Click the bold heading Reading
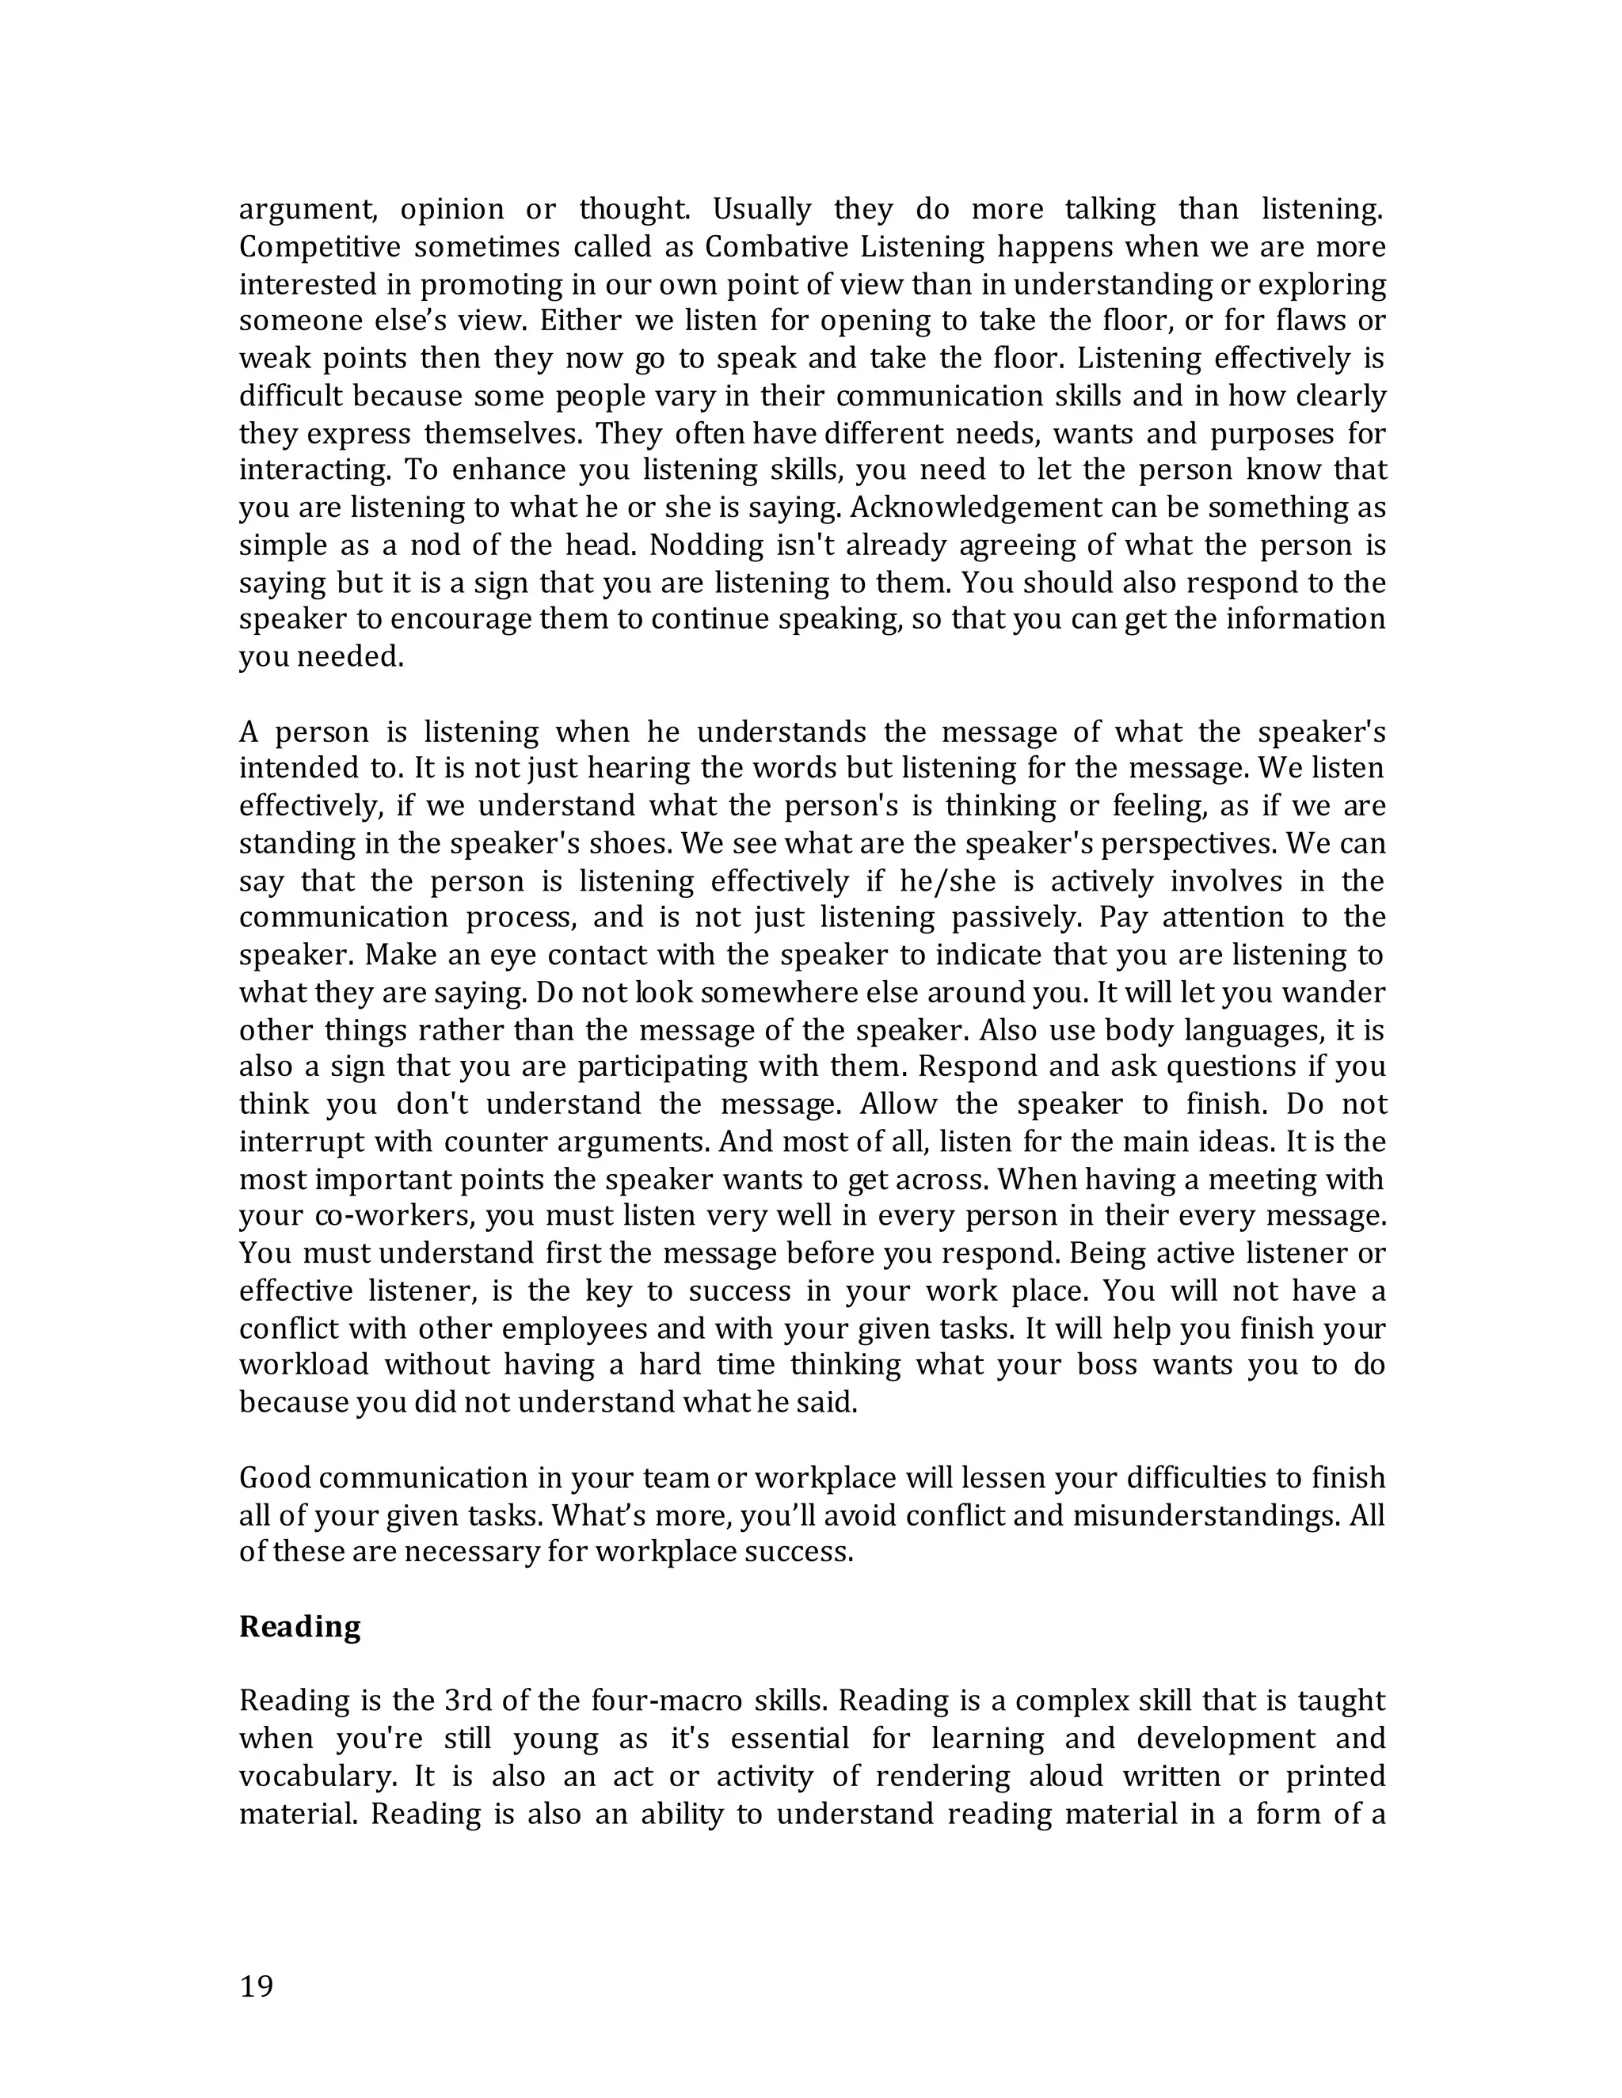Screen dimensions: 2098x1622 pos(300,1626)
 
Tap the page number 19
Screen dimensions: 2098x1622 pos(257,1986)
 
